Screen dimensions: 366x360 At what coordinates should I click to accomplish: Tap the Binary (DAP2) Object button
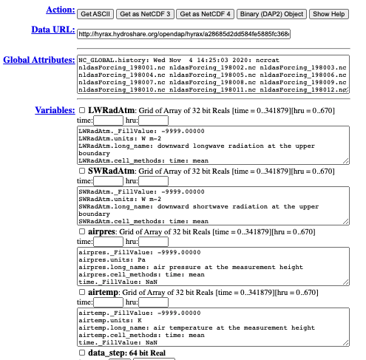point(271,13)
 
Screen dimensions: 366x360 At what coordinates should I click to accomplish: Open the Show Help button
point(331,13)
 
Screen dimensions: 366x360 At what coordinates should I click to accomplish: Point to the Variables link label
point(55,110)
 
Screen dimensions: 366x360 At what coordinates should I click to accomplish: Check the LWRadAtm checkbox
point(83,111)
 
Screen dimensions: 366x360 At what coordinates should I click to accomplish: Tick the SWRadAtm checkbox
point(83,171)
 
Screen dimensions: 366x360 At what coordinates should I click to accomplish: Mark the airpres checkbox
point(83,231)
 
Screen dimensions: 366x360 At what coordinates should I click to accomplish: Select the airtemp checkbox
point(83,293)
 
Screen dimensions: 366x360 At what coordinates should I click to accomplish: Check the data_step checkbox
point(83,353)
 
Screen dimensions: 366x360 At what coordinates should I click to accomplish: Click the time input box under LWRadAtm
point(108,120)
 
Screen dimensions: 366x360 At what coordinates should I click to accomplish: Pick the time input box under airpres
point(108,242)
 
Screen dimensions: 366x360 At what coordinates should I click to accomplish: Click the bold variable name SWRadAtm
point(112,171)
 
